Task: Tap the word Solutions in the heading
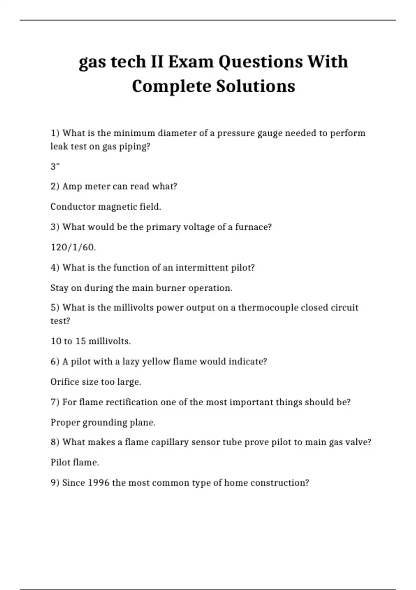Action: point(255,86)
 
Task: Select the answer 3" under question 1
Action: point(55,167)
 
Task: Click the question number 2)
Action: point(55,186)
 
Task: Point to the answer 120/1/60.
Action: point(73,247)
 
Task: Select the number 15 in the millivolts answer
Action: point(80,341)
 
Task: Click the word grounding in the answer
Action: point(103,423)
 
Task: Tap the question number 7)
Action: point(55,402)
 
